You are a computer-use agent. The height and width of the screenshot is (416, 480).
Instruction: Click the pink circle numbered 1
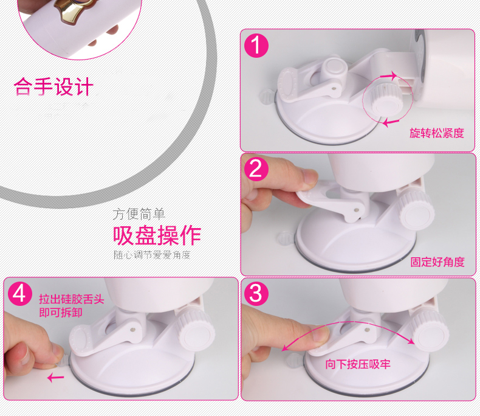pyautogui.click(x=256, y=46)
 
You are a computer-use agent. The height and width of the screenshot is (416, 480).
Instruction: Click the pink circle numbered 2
pyautogui.click(x=256, y=169)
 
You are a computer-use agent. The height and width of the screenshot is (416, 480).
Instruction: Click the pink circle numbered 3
pyautogui.click(x=256, y=294)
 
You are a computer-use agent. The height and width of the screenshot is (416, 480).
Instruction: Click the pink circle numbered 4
pyautogui.click(x=20, y=294)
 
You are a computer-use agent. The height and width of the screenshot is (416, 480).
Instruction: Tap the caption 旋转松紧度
pyautogui.click(x=437, y=133)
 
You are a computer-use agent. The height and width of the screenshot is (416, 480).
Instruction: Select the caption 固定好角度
pyautogui.click(x=437, y=262)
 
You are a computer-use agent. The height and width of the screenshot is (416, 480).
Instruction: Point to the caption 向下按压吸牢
pyautogui.click(x=358, y=364)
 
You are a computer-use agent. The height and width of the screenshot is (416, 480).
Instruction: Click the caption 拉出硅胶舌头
pyautogui.click(x=72, y=299)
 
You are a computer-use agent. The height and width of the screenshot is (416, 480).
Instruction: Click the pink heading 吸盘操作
pyautogui.click(x=157, y=235)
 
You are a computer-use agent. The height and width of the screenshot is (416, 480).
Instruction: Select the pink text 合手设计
pyautogui.click(x=53, y=87)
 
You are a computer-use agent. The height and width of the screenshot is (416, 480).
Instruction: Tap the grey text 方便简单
pyautogui.click(x=139, y=214)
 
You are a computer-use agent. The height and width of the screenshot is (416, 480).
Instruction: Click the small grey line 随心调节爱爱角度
pyautogui.click(x=152, y=255)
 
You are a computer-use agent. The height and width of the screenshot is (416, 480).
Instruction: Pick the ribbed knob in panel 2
pyautogui.click(x=416, y=209)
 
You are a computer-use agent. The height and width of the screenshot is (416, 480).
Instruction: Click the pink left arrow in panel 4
pyautogui.click(x=56, y=378)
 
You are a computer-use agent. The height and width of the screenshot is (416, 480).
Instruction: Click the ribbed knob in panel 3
pyautogui.click(x=429, y=329)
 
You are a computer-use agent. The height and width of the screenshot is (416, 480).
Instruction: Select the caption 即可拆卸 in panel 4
pyautogui.click(x=61, y=313)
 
